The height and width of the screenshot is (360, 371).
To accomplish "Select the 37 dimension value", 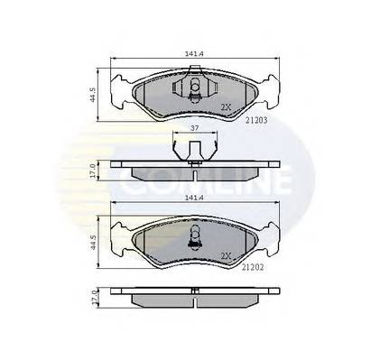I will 191,129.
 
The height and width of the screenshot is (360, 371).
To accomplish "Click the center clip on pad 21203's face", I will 192,88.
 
